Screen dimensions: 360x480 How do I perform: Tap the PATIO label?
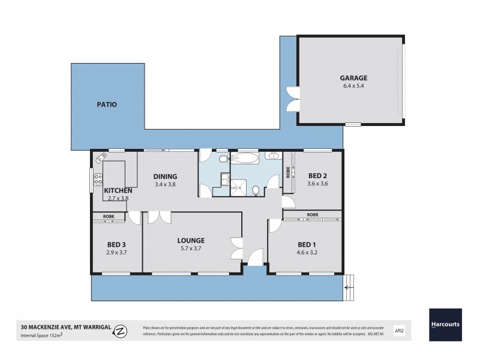pos(107,104)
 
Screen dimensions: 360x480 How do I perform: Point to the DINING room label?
pos(165,176)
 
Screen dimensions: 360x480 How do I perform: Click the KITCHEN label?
pos(118,190)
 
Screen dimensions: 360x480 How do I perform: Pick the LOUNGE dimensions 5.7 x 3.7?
pos(191,248)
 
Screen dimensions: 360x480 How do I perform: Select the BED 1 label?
pos(306,244)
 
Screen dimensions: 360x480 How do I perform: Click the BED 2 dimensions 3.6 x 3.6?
pos(318,184)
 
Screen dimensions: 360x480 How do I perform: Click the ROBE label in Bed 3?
pos(109,215)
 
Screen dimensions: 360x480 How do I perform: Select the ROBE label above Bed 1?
pos(312,214)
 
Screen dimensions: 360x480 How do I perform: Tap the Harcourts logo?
pos(445,325)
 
